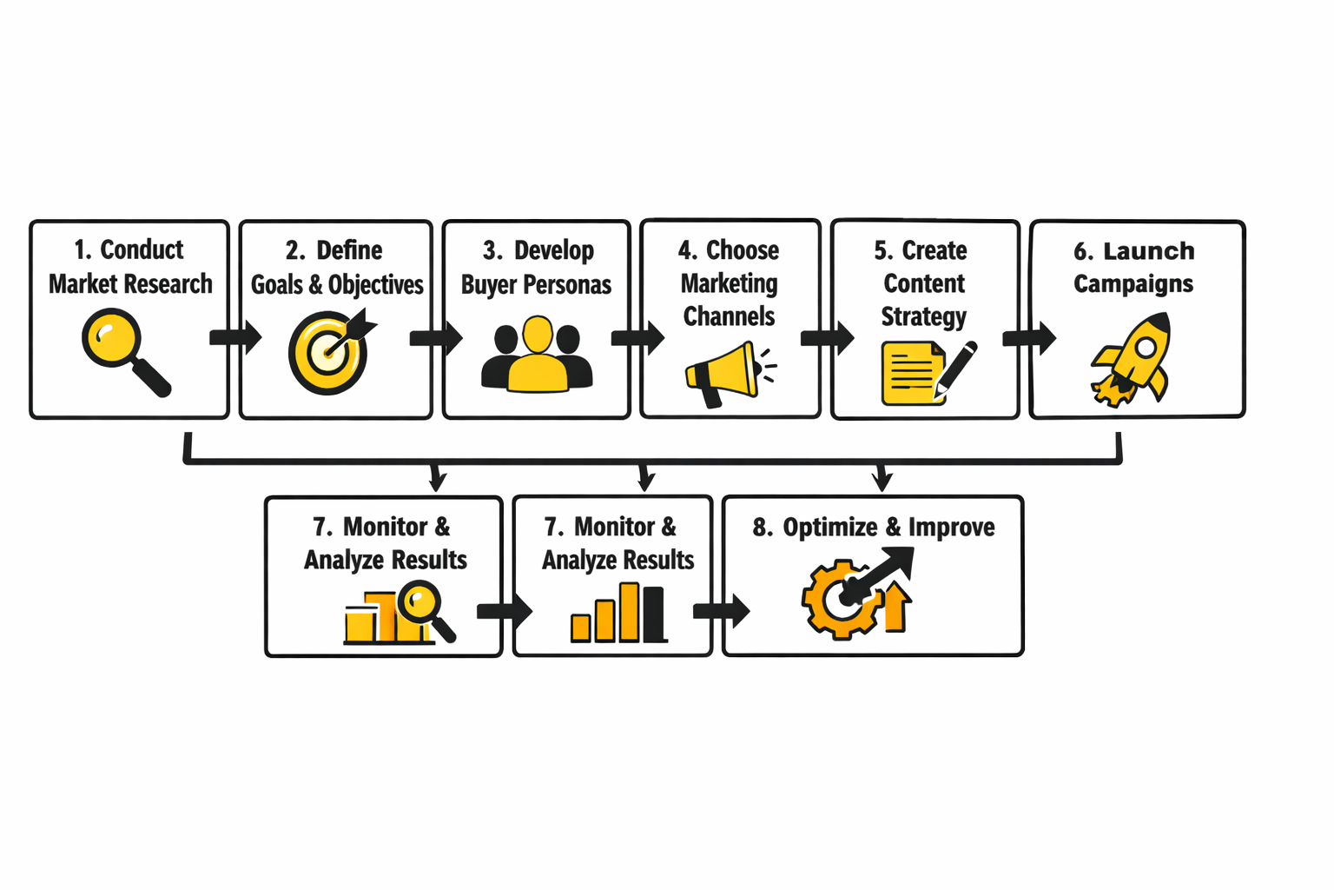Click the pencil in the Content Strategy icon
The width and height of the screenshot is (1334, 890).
tap(955, 369)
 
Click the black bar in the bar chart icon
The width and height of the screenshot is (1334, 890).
tap(653, 614)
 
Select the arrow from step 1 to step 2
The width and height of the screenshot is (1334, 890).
tap(235, 337)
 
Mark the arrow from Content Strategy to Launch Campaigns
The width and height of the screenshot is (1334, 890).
tap(1029, 337)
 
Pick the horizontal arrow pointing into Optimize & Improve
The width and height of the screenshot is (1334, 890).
tap(721, 611)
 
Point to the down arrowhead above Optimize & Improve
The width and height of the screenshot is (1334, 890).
tap(882, 479)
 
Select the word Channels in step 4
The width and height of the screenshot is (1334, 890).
tap(729, 316)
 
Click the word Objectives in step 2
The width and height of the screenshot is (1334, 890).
tap(375, 284)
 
